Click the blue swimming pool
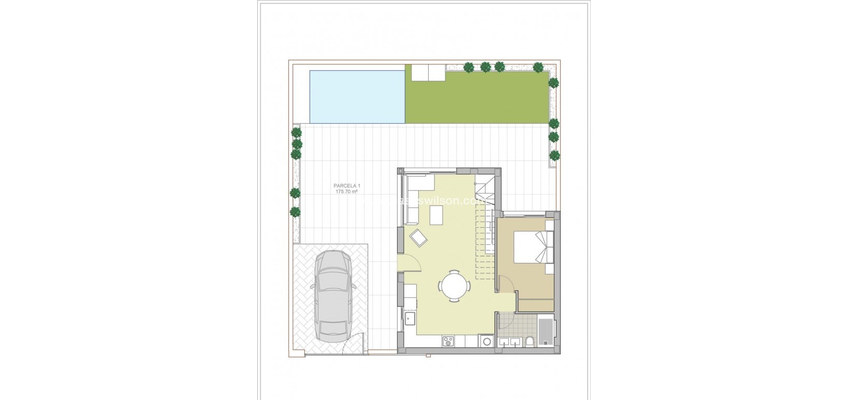coord(357,96)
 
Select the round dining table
coord(455,285)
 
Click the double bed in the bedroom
coord(533,248)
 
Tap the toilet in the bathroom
coord(530,342)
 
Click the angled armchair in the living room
coord(418,239)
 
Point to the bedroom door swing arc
coord(507,286)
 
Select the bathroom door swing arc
coord(506,321)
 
